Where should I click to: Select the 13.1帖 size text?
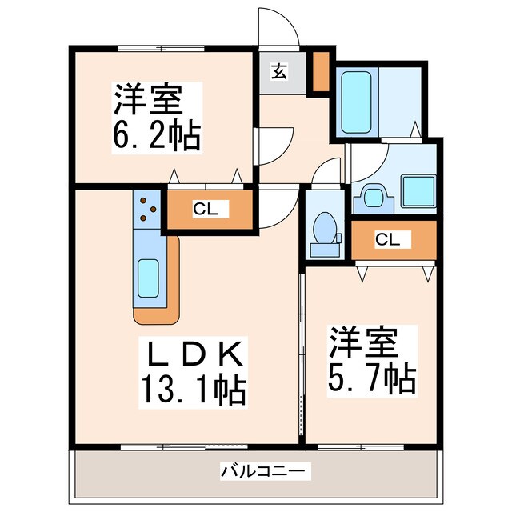[x=192, y=390]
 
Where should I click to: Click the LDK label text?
[x=191, y=353]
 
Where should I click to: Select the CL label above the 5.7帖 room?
[x=389, y=239]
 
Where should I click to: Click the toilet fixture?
[x=325, y=228]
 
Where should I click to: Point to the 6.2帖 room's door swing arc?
[x=274, y=144]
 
